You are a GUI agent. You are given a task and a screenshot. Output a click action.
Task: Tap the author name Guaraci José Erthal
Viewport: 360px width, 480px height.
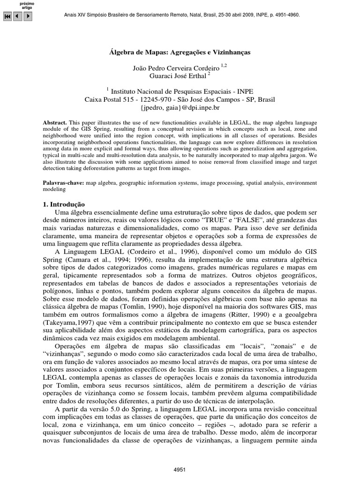point(176,76)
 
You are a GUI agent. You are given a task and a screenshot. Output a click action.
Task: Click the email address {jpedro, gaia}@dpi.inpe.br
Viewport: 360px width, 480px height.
point(180,107)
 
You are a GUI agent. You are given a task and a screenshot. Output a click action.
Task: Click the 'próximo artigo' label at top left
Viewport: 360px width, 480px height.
point(27,6)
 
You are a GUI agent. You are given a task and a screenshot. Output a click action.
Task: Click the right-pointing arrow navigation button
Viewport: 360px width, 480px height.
point(28,16)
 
